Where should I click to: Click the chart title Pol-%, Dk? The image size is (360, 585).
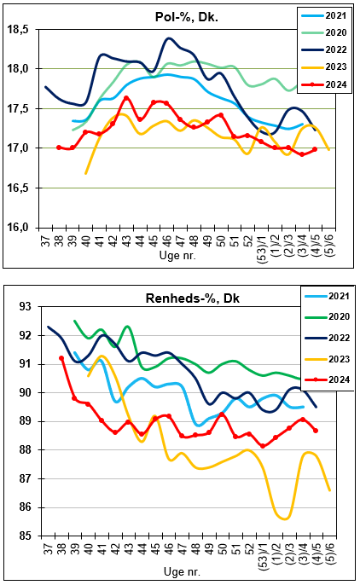pyautogui.click(x=187, y=17)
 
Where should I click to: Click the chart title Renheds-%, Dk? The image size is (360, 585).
pyautogui.click(x=193, y=298)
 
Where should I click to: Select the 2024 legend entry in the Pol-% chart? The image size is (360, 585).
pyautogui.click(x=324, y=84)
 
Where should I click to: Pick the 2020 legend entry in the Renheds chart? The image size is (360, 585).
pyautogui.click(x=328, y=316)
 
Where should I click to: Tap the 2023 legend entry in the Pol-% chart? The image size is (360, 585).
pyautogui.click(x=324, y=67)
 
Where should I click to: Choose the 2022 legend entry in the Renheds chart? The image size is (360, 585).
pyautogui.click(x=328, y=338)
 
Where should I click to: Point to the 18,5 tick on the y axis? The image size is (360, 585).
pyautogui.click(x=18, y=30)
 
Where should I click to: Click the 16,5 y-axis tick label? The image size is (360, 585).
pyautogui.click(x=18, y=188)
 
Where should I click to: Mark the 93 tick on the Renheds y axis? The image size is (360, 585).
pyautogui.click(x=26, y=307)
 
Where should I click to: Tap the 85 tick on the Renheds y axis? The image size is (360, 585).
pyautogui.click(x=26, y=536)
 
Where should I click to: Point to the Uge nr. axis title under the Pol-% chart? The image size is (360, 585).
pyautogui.click(x=177, y=256)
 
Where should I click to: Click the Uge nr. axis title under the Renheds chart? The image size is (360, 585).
pyautogui.click(x=182, y=571)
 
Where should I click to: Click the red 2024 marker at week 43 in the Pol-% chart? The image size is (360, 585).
pyautogui.click(x=126, y=98)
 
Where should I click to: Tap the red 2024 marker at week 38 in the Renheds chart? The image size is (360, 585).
pyautogui.click(x=61, y=358)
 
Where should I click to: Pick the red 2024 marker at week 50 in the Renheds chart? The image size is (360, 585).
pyautogui.click(x=222, y=414)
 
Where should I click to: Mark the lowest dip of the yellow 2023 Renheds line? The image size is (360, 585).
pyautogui.click(x=286, y=518)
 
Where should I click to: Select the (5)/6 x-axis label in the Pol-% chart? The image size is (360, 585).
pyautogui.click(x=330, y=245)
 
